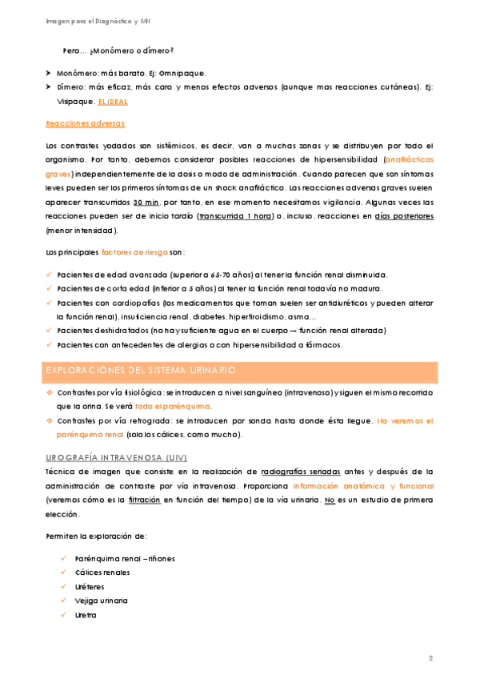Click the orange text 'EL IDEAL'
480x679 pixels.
click(x=112, y=102)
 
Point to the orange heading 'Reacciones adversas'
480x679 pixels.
click(x=85, y=124)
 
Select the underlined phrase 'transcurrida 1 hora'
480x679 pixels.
click(x=235, y=216)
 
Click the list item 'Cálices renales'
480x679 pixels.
click(x=102, y=572)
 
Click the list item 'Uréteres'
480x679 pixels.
click(x=89, y=586)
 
